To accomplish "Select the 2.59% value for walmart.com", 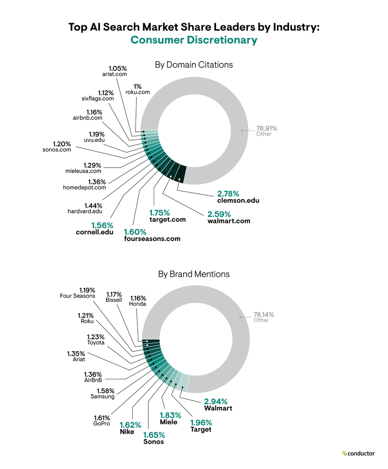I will coord(219,213).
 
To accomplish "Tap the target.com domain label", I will coord(167,220).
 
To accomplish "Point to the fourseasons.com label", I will coord(152,239).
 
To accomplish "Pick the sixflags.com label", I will coord(95,98).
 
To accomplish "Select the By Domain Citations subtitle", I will coord(194,65).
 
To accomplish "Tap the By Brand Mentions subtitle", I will coord(194,274).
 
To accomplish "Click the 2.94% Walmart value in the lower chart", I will coord(215,401).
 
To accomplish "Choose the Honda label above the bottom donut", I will coord(137,304).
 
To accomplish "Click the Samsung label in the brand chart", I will coord(103,396).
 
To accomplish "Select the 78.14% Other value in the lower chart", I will coord(264,314).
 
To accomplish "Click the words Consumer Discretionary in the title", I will coord(194,40).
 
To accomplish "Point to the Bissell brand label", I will coord(113,300).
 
